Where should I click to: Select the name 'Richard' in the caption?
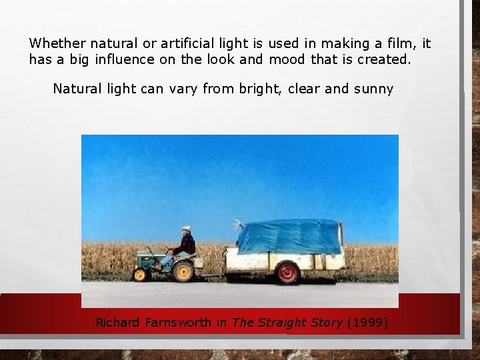(118, 323)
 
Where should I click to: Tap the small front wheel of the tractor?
(141, 274)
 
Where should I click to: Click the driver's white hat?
(186, 228)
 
